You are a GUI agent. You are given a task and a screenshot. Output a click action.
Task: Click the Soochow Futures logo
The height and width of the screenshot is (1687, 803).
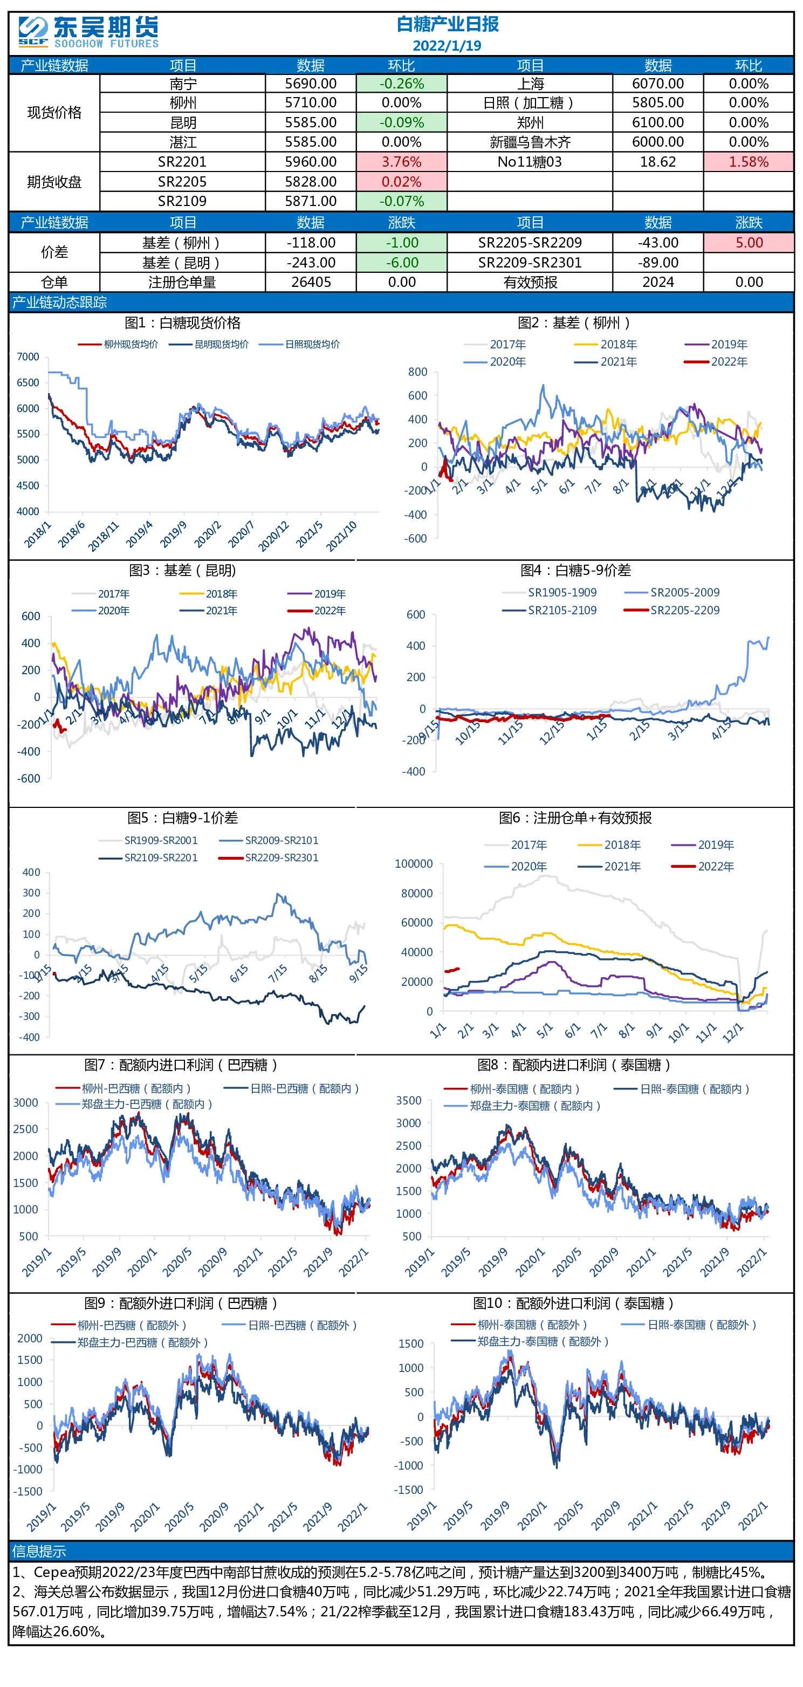88,32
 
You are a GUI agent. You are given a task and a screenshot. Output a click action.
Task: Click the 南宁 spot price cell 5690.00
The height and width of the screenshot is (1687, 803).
311,84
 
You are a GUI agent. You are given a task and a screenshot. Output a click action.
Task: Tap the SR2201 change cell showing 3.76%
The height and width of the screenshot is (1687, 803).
401,162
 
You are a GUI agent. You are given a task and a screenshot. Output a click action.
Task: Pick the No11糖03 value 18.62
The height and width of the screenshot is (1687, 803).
657,162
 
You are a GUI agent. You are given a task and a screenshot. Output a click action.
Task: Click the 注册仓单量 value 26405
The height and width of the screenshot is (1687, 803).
311,282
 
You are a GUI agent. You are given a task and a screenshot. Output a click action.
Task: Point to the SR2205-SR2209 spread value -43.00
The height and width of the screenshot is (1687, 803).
657,243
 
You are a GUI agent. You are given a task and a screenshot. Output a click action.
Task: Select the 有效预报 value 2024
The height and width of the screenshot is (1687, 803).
657,282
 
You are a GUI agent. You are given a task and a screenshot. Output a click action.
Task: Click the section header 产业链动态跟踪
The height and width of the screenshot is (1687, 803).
60,303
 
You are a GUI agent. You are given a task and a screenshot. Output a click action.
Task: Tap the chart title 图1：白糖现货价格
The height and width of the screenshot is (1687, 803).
183,323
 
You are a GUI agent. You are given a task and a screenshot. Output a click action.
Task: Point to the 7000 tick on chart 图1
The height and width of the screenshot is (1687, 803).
28,357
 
